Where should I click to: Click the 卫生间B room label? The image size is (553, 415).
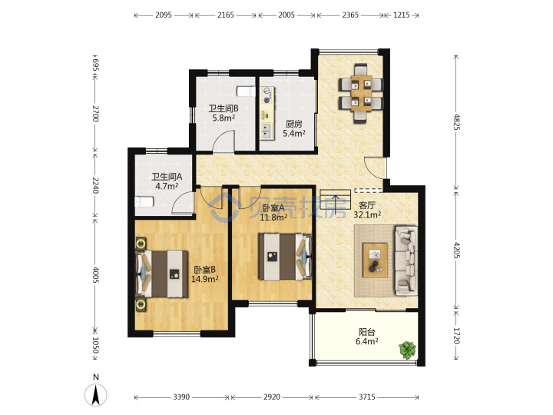pos(224,108)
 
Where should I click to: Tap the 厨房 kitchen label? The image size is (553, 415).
pos(293,124)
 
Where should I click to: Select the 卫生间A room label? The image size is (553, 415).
pos(167,177)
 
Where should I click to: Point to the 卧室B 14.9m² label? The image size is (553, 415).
pos(205,274)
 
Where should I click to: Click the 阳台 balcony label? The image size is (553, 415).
pos(367,332)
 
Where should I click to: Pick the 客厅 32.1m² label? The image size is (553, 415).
pos(367,210)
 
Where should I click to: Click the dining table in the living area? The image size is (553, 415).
pos(361,93)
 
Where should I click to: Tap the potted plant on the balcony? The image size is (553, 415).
pos(408,350)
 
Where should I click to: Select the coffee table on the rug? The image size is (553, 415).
pos(376,261)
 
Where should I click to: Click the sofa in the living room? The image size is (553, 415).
pos(406,261)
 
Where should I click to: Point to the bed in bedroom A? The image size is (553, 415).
pos(285,257)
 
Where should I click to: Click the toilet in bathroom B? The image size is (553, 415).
pos(246,91)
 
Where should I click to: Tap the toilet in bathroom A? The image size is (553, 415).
pos(144,202)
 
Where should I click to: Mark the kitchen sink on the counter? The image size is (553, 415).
pos(266,131)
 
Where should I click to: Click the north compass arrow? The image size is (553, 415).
pos(95,395)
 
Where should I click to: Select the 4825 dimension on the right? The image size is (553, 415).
pos(456,122)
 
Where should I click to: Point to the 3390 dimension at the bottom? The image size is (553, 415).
pos(181,397)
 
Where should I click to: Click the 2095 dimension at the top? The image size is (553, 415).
pos(164,15)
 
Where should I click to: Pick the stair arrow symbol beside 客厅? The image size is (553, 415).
pos(335,204)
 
